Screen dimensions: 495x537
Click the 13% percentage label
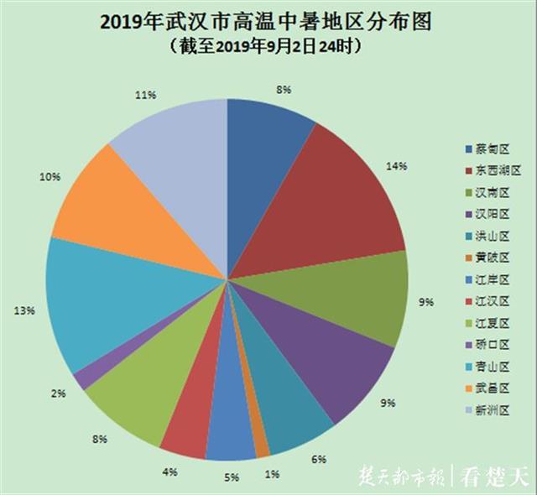click(23, 310)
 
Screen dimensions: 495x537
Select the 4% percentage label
click(170, 472)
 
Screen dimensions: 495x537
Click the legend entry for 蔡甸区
click(492, 149)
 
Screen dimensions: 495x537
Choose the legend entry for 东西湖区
click(495, 171)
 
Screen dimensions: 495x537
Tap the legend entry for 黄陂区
click(492, 258)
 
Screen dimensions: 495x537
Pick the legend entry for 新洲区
click(492, 409)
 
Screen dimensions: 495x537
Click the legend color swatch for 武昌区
click(469, 388)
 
